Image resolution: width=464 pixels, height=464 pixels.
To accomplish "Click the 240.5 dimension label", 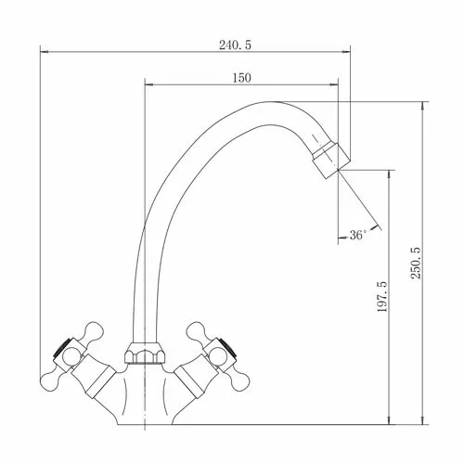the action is (236, 45).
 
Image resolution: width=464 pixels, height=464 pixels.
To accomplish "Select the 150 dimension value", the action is (241, 78).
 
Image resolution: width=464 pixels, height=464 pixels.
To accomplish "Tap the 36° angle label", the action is (358, 235).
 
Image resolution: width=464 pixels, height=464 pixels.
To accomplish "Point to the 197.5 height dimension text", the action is (382, 296).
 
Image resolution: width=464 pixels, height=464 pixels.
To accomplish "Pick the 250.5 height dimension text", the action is (416, 263).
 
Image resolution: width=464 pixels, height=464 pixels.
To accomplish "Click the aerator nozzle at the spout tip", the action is (331, 160).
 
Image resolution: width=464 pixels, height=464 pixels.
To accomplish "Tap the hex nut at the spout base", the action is (145, 353).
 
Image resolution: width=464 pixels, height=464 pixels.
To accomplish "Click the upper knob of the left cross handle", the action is (93, 330).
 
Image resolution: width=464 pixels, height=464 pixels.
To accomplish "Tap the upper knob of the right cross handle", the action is (196, 330).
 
